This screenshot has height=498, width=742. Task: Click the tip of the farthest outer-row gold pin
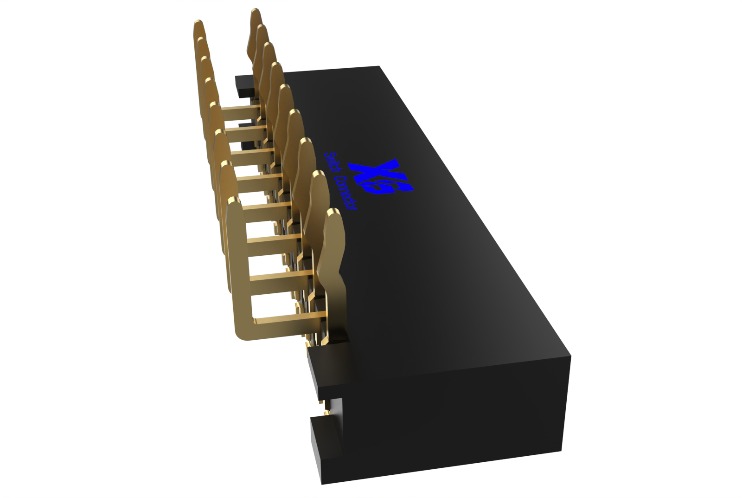[x=198, y=23]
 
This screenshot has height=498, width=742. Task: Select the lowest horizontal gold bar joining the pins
[x=288, y=318]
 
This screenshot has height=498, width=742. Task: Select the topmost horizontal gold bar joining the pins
[x=241, y=108]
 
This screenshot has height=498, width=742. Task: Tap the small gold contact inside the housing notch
[x=326, y=411]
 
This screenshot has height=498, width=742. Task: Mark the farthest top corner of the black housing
[x=380, y=66]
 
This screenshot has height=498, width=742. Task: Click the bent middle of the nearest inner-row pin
[x=341, y=278]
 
